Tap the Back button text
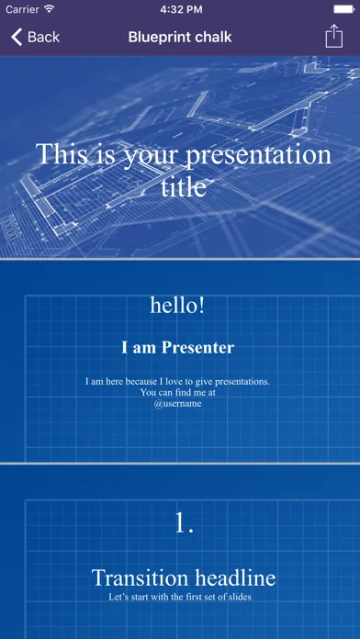coord(44,37)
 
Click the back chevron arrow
coord(17,37)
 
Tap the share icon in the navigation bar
coord(334,37)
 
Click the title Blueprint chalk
coord(180,37)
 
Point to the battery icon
coord(344,9)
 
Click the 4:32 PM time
coord(181,9)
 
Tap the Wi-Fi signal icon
coord(49,9)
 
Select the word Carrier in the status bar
coord(22,9)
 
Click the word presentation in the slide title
coord(258,155)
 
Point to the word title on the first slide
coord(183,187)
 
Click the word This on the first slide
coord(62,153)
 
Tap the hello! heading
coord(177,305)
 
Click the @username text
coord(178,404)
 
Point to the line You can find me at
coord(178,393)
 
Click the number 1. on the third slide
coord(184,522)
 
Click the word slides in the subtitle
coord(241,597)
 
